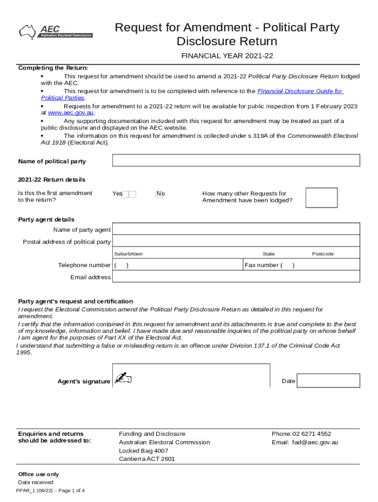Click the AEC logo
click(x=55, y=31)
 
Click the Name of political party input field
click(x=236, y=160)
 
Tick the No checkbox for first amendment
click(x=159, y=194)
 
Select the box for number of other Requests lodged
click(x=321, y=198)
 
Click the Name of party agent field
click(x=236, y=229)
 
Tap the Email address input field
click(x=236, y=277)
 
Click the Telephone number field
click(x=178, y=265)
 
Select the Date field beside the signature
click(x=328, y=381)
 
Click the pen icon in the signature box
click(x=122, y=377)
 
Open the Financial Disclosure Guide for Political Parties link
click(x=300, y=91)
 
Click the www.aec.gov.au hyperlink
click(x=71, y=112)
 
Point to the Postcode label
click(x=323, y=254)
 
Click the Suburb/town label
click(x=128, y=254)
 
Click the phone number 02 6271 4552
click(x=312, y=434)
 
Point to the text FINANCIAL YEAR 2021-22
click(x=227, y=56)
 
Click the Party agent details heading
click(x=46, y=219)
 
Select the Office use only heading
click(x=38, y=474)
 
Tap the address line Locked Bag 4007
click(x=143, y=451)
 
